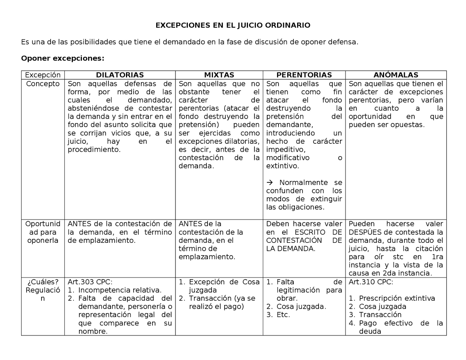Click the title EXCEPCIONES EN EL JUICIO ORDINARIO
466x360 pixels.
[233, 25]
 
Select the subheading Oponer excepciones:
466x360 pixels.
[63, 58]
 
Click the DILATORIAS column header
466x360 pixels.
[120, 75]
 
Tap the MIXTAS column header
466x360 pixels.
[219, 75]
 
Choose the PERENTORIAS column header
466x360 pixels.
[304, 75]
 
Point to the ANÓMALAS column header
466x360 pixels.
[396, 75]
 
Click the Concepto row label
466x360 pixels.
[43, 84]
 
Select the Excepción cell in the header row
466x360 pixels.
[43, 75]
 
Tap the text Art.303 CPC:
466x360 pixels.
[90, 282]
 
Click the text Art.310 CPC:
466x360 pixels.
[371, 282]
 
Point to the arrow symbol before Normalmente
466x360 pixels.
[269, 182]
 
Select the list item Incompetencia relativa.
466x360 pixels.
[120, 290]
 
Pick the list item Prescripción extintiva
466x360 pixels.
[397, 298]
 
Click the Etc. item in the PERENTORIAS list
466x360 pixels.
[283, 315]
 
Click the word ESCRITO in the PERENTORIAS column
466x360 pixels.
[310, 232]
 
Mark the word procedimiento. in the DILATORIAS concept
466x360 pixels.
[94, 150]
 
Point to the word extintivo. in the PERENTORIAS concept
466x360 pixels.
[282, 166]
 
